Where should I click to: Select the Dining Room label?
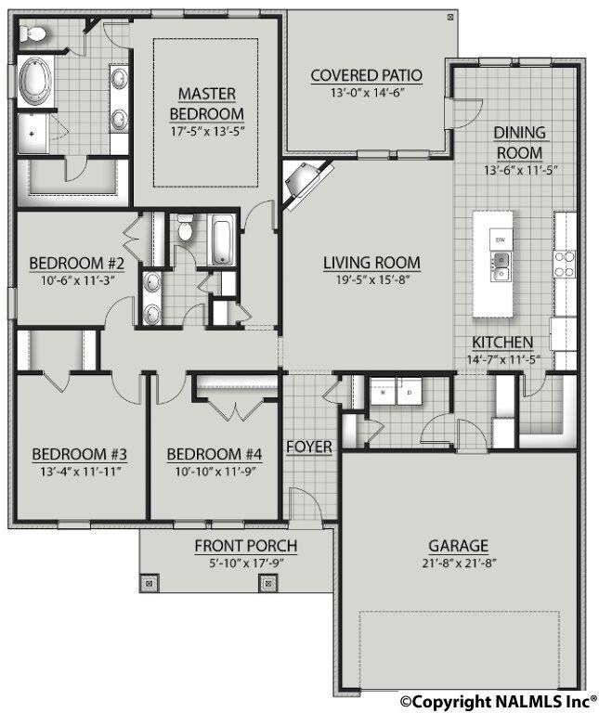click(519, 142)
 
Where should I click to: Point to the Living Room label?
click(371, 263)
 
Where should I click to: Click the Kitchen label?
click(501, 343)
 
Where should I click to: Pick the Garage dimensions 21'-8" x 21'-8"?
click(458, 563)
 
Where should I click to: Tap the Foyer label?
click(308, 447)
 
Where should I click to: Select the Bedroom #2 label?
click(71, 261)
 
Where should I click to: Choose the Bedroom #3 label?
click(79, 454)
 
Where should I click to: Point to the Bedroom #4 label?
click(215, 454)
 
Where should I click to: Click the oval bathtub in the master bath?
click(36, 82)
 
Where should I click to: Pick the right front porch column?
click(268, 584)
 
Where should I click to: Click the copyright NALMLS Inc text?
click(499, 702)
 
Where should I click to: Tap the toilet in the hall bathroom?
click(185, 228)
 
